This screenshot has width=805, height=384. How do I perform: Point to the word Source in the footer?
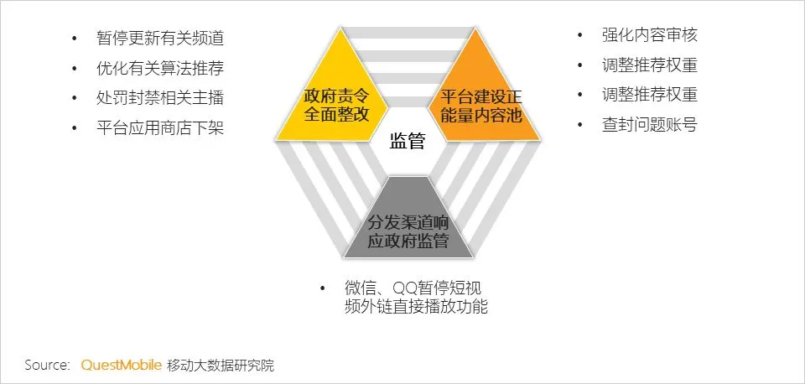[46, 365]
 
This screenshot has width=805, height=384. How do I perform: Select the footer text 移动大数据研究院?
[221, 365]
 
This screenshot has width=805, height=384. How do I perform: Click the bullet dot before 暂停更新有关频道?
[75, 39]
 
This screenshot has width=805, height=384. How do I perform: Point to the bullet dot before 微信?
[323, 288]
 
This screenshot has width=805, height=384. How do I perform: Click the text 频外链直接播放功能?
[416, 307]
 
